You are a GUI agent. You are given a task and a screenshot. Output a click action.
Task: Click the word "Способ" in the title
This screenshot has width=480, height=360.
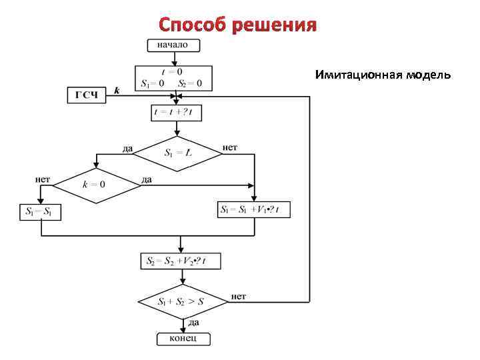click(x=193, y=25)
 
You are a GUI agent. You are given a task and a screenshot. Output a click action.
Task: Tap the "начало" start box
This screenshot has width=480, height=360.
click(x=173, y=45)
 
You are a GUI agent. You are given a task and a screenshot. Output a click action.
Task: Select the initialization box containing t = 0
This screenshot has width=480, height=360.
click(x=173, y=78)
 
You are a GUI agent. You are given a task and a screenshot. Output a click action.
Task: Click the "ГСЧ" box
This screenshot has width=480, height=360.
click(x=87, y=95)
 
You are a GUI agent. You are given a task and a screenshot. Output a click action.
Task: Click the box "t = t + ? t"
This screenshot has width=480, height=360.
click(x=177, y=113)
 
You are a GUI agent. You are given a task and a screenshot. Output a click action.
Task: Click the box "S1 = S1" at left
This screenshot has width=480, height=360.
click(x=41, y=213)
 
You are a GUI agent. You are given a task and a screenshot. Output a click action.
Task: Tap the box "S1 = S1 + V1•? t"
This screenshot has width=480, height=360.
click(x=254, y=210)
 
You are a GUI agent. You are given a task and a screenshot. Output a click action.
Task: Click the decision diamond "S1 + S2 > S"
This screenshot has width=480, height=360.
click(x=181, y=302)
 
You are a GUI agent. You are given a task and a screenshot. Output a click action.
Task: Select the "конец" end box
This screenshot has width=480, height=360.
click(x=183, y=339)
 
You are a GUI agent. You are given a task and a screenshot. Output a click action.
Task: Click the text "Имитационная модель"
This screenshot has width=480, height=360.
click(x=383, y=75)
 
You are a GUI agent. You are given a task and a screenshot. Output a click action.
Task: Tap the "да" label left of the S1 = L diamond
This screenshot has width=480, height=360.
click(x=127, y=148)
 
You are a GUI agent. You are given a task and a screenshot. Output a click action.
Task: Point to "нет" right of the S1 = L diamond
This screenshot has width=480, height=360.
click(x=229, y=147)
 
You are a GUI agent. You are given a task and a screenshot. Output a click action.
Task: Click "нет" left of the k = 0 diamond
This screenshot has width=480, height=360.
click(x=43, y=179)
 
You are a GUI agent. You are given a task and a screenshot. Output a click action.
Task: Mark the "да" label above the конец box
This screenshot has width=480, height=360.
click(x=193, y=323)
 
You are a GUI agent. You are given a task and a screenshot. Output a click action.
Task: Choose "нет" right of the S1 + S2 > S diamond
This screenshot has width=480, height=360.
click(x=239, y=296)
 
